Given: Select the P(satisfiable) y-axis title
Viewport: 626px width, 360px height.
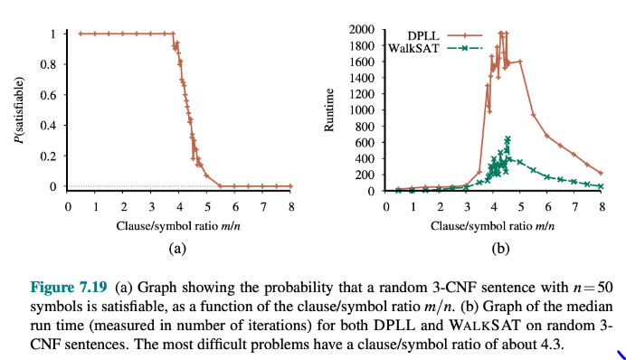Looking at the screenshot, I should pyautogui.click(x=20, y=110).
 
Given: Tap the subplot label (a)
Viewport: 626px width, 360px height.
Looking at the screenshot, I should pyautogui.click(x=178, y=246).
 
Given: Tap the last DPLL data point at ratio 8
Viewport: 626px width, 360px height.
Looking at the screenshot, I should pyautogui.click(x=601, y=172).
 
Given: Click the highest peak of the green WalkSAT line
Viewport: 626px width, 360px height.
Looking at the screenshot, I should pyautogui.click(x=507, y=138).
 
